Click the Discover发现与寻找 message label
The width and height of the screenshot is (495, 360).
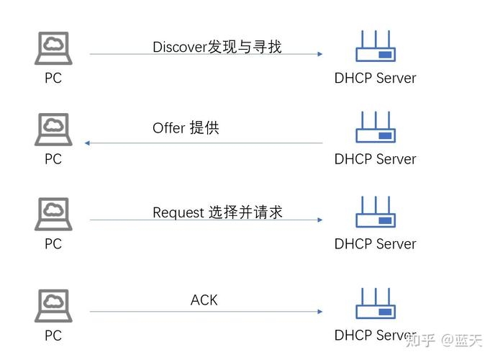click(217, 47)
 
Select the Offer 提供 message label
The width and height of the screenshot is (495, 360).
click(186, 128)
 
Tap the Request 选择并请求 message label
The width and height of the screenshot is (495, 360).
click(217, 212)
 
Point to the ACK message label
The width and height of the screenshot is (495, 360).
click(204, 300)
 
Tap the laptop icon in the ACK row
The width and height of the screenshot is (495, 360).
click(53, 306)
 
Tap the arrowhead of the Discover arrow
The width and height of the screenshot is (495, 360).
click(319, 54)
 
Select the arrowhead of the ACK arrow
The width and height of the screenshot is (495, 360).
click(319, 312)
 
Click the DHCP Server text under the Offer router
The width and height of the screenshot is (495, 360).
click(375, 159)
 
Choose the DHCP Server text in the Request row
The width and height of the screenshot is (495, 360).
click(375, 244)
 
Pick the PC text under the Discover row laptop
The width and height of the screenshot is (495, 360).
click(53, 78)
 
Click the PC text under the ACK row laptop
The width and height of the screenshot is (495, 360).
click(53, 336)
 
